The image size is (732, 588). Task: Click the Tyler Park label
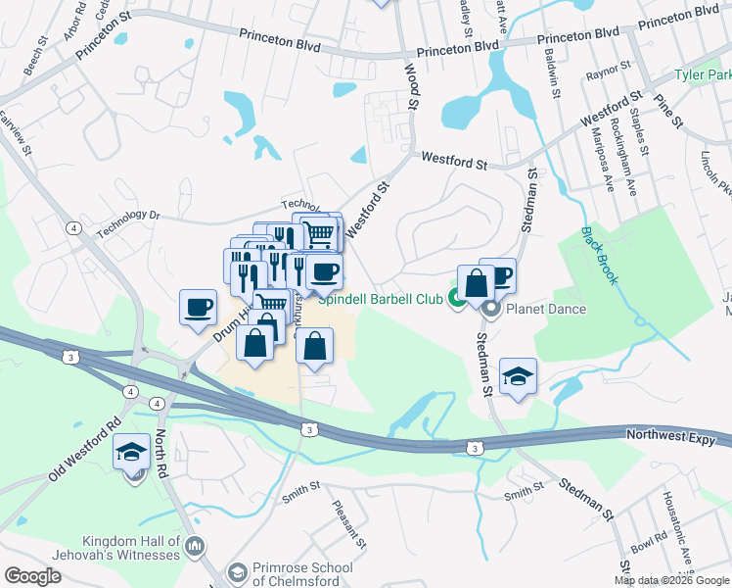[704, 75]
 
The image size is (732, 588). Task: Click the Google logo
[32, 576]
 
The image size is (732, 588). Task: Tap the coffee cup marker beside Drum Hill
[198, 306]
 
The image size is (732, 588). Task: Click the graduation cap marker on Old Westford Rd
[131, 453]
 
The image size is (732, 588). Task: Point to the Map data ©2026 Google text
[671, 580]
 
